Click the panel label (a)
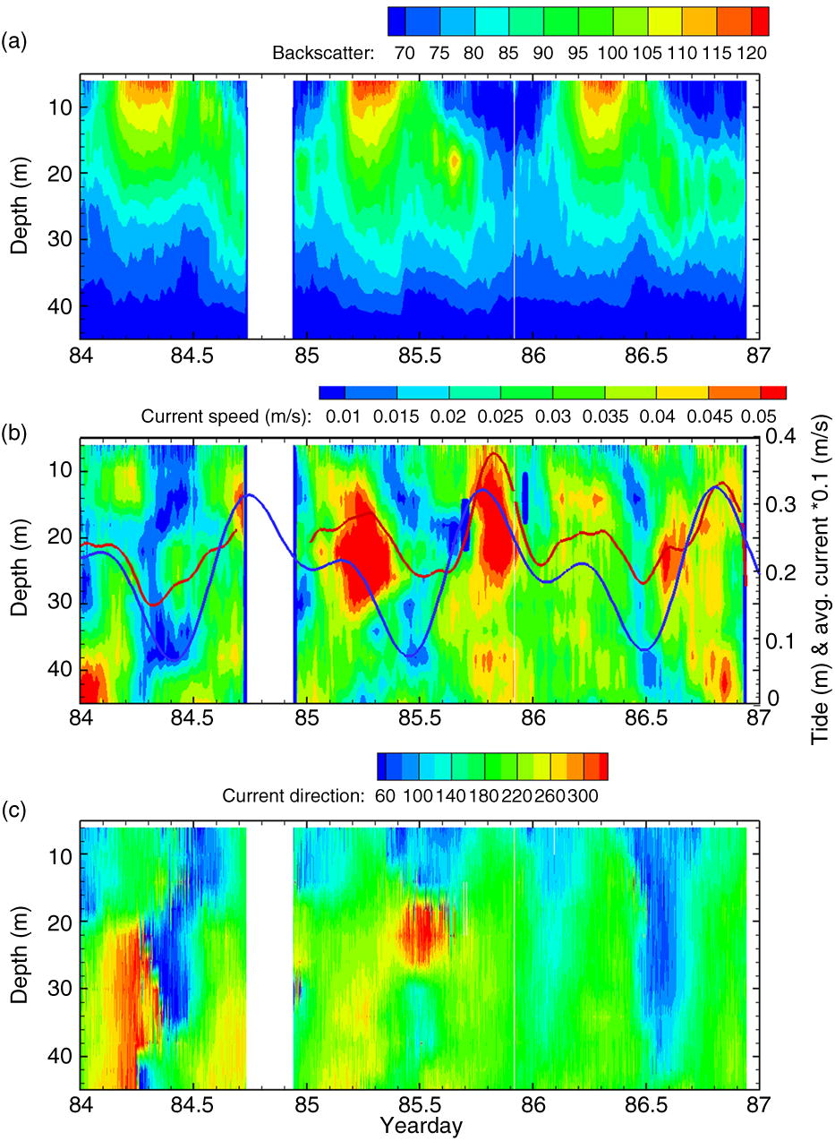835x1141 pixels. click(x=15, y=39)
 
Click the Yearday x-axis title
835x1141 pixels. click(x=421, y=1126)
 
